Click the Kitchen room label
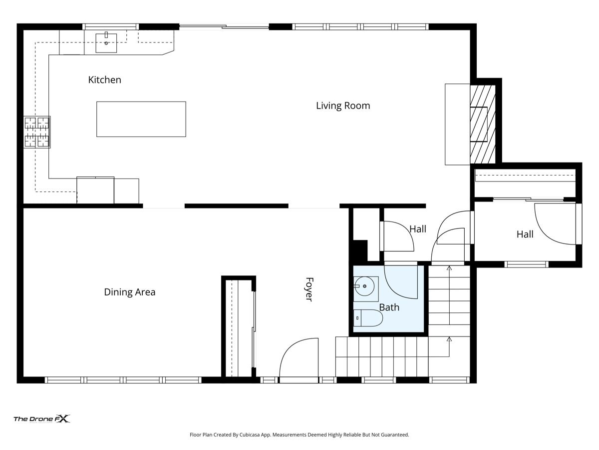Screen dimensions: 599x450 [x=104, y=80]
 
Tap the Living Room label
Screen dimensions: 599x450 [x=343, y=105]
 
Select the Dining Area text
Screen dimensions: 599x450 [x=130, y=292]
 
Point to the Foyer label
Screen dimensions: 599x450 [x=309, y=289]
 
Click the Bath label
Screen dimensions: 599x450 [x=389, y=307]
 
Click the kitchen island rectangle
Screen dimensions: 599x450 [x=141, y=119]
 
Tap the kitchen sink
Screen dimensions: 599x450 [x=106, y=42]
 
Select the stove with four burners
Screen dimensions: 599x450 [x=37, y=132]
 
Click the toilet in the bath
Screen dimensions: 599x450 [x=368, y=318]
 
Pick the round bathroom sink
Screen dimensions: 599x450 [x=366, y=286]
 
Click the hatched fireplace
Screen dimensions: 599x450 [x=483, y=124]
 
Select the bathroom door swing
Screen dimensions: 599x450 [x=401, y=281]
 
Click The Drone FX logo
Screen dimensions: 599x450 [x=42, y=418]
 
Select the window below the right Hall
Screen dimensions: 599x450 [x=526, y=264]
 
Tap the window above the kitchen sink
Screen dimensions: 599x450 [x=110, y=27]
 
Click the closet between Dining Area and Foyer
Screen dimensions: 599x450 [x=239, y=328]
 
